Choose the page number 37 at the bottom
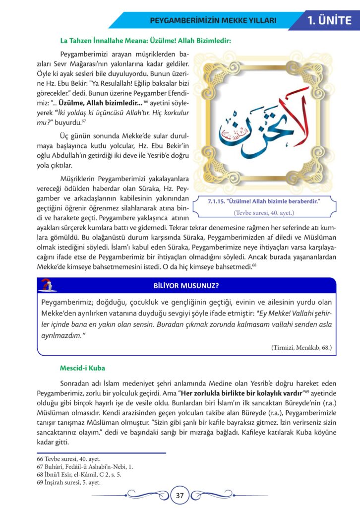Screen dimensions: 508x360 click(x=180, y=495)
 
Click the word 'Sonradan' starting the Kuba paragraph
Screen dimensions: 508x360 click(x=75, y=383)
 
